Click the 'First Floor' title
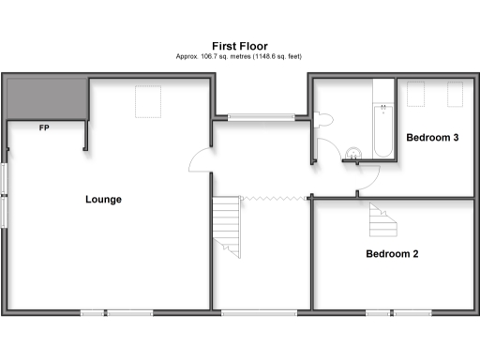(x=239, y=44)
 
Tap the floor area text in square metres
(x=239, y=56)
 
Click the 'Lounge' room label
(x=103, y=199)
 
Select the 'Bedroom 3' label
(x=431, y=138)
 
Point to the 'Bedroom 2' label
(x=392, y=253)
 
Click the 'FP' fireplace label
(x=44, y=127)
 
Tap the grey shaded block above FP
(x=44, y=98)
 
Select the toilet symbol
(x=322, y=118)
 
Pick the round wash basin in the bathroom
(x=353, y=153)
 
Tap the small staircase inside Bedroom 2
(x=382, y=220)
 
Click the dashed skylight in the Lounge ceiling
(x=148, y=101)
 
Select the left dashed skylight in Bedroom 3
(x=416, y=94)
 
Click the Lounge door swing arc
(x=199, y=161)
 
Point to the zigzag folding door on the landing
(x=275, y=198)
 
